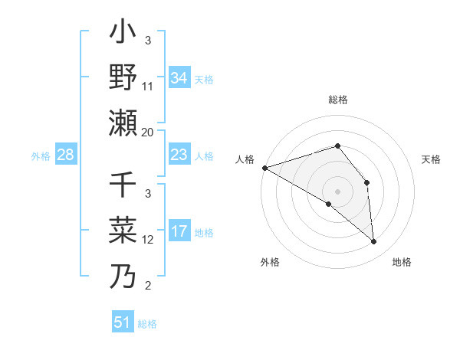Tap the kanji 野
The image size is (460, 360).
tap(123, 77)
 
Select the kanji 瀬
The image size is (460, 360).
tap(123, 120)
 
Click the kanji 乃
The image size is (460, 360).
tap(123, 276)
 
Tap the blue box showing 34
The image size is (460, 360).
tap(179, 78)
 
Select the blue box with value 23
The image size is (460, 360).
tap(179, 155)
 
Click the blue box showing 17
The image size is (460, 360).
tap(179, 231)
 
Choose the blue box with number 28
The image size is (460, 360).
tap(65, 155)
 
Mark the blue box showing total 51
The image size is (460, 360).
tap(123, 322)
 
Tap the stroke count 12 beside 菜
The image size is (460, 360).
tap(148, 240)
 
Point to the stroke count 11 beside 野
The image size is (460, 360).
tap(148, 87)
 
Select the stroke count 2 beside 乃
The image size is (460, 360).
tap(148, 286)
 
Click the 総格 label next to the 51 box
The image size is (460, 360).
tap(148, 324)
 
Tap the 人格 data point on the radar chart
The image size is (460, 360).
tap(264, 168)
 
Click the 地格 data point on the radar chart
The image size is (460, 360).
tap(374, 242)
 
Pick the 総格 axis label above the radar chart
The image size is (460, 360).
tap(338, 100)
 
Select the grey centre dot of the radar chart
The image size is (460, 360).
tap(338, 191)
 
